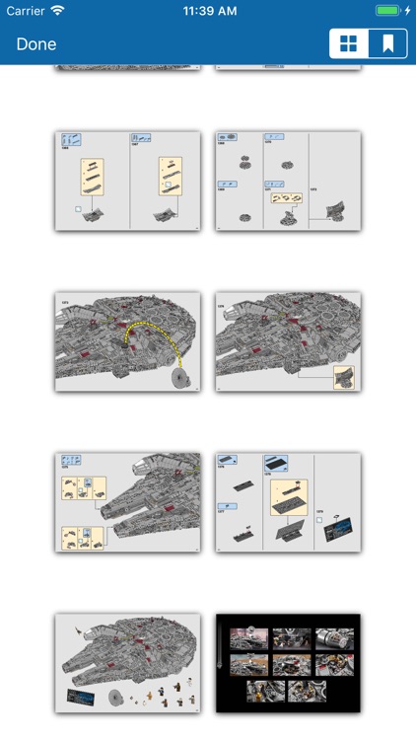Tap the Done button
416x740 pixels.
(x=36, y=44)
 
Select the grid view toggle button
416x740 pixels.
(x=348, y=44)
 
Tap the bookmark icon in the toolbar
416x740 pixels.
(x=387, y=44)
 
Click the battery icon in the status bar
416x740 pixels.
(x=389, y=10)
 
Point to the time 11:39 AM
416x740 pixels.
(x=208, y=10)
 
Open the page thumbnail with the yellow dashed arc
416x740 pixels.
(x=127, y=341)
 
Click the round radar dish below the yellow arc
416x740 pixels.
(x=179, y=379)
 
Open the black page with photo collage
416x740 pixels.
(x=288, y=663)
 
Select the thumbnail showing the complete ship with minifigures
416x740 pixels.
(x=127, y=663)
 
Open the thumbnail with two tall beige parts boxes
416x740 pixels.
(x=127, y=181)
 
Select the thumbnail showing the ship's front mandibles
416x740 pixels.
(x=127, y=502)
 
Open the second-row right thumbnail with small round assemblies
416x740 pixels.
(x=288, y=181)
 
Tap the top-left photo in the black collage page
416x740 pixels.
(x=249, y=639)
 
